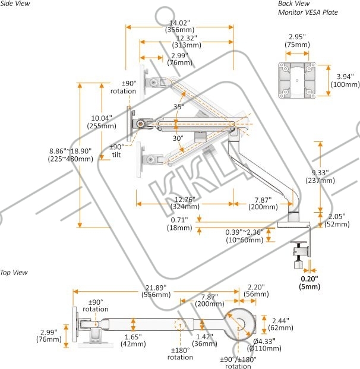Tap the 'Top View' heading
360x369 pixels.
(14, 273)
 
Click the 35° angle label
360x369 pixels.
(179, 107)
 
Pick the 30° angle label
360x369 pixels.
(178, 138)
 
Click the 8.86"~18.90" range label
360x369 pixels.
(70, 155)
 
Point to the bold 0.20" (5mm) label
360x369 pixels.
(310, 283)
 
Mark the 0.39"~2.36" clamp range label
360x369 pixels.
(245, 236)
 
